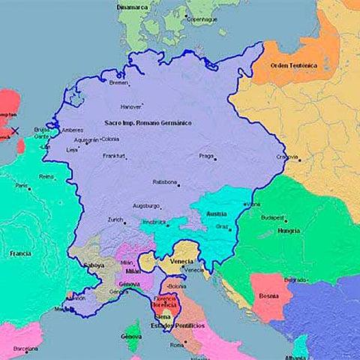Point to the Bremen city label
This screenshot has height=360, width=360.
point(118,82)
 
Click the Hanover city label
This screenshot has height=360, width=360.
point(131,106)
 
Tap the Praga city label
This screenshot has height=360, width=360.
point(207,156)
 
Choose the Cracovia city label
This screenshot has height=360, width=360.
point(286,157)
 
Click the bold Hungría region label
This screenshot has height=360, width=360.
point(287,230)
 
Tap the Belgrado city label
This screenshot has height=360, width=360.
point(294,279)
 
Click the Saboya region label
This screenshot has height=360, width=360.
point(93,265)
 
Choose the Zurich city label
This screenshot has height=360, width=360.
point(115,220)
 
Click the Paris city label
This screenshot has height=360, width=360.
point(22,185)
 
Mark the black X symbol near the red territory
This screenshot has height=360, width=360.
point(14,131)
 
